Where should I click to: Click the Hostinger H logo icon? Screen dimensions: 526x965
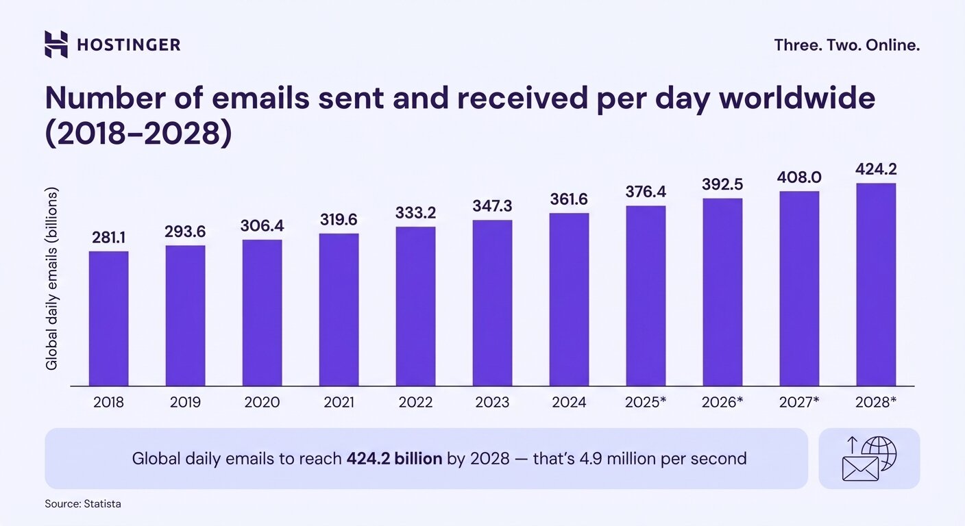[x=56, y=45]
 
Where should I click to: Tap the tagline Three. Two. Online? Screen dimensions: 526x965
[x=846, y=45]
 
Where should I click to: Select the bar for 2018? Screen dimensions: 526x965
[x=108, y=318]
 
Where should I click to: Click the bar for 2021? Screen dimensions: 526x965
[x=339, y=310]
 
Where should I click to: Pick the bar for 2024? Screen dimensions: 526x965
[x=569, y=299]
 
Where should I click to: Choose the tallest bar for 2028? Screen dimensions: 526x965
[x=876, y=284]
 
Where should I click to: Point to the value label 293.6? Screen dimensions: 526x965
[x=185, y=232]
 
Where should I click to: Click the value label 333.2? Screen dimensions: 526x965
[x=415, y=213]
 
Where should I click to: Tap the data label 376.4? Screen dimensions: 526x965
[x=646, y=192]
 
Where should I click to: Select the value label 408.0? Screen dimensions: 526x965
[x=799, y=177]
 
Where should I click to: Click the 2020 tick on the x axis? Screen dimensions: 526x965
[x=262, y=402]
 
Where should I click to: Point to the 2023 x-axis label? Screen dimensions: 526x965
[x=492, y=402]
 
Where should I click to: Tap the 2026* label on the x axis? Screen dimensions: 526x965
[x=722, y=402]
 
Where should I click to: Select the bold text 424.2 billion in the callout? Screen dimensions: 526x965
[x=394, y=458]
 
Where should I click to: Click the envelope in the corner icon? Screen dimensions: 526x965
[x=860, y=468]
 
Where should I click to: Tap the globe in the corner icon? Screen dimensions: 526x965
[x=879, y=452]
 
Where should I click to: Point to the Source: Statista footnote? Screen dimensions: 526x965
[x=83, y=503]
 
